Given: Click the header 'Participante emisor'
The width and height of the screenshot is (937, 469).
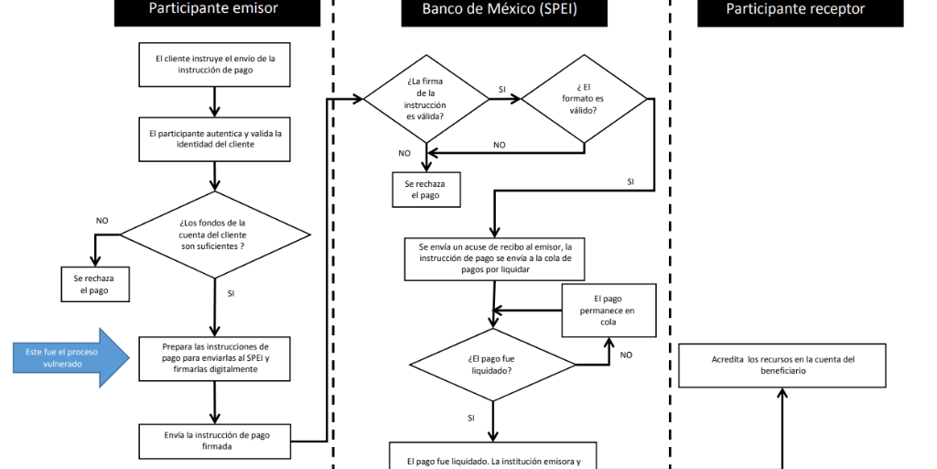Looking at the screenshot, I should tap(213, 10).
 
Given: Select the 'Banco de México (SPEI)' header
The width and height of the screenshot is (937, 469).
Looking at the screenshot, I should tap(501, 10).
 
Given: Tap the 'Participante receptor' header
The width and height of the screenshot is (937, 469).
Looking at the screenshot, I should tap(795, 10).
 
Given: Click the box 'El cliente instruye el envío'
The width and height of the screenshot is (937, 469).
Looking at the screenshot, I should tap(213, 64).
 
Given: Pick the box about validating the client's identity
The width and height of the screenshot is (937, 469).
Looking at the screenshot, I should tap(213, 138).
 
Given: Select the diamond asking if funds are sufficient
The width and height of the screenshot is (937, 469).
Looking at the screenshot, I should tap(213, 235).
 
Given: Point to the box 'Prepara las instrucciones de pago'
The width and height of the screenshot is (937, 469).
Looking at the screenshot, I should tap(213, 358).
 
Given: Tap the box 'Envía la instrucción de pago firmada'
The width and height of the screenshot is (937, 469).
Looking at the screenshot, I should tap(213, 441).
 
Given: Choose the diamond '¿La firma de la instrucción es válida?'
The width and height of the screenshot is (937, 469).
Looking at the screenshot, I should tap(426, 98).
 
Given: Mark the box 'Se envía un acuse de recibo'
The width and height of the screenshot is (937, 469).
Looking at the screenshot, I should tap(494, 259).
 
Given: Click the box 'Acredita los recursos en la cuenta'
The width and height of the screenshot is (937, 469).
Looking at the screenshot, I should tap(782, 365).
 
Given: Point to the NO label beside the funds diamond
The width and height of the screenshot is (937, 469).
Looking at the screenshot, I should tap(102, 221).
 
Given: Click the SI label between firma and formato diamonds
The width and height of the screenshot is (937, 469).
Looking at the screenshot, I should tap(502, 89).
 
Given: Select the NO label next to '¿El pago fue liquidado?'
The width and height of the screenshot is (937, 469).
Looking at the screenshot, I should tap(626, 354).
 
